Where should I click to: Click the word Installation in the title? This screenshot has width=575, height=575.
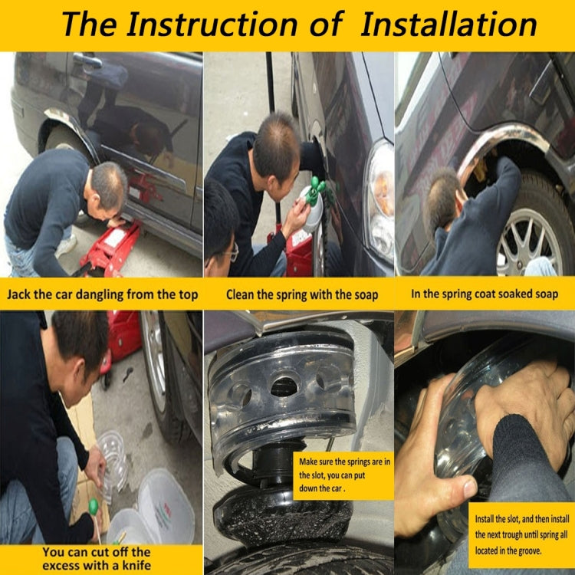coord(449,24)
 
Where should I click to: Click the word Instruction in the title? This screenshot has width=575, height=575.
coord(212,24)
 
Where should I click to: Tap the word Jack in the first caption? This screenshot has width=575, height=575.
coord(18,294)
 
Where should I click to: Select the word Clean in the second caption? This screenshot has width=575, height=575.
coord(240,294)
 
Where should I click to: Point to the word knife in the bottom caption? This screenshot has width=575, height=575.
coord(136,565)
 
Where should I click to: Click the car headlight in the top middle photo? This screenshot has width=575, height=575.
coord(380,201)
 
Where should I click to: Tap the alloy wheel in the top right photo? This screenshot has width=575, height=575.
coord(530,242)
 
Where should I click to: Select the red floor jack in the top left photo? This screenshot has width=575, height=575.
coord(109,249)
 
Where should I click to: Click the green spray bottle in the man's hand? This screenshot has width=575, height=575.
coord(313,203)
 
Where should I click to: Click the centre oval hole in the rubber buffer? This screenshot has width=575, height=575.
coord(284,387)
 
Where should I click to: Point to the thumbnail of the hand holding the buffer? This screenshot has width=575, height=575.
coord(470,488)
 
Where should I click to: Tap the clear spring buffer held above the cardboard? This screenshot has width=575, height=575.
coord(113,463)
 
